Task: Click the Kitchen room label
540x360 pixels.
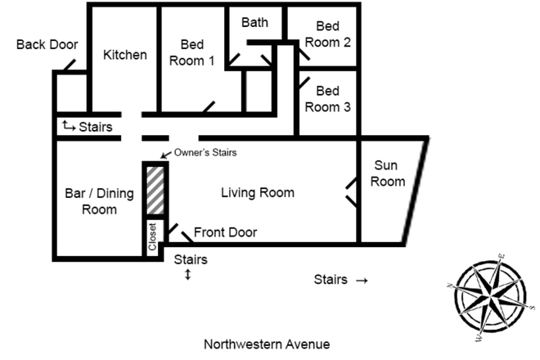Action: (125, 55)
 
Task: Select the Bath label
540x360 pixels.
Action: (254, 22)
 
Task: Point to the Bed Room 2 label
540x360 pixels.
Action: (327, 35)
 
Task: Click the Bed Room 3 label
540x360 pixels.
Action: (327, 98)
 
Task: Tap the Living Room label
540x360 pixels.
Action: (258, 193)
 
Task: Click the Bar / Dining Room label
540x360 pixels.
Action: (91, 201)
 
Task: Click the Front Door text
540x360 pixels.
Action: (225, 232)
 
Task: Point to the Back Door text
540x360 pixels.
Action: (47, 43)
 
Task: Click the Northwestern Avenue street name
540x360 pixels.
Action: (267, 344)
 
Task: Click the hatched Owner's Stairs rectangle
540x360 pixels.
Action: (155, 190)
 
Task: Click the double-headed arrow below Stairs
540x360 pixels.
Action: (188, 276)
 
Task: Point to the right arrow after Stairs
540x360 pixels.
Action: (360, 280)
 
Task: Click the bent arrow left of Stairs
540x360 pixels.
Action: (66, 126)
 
